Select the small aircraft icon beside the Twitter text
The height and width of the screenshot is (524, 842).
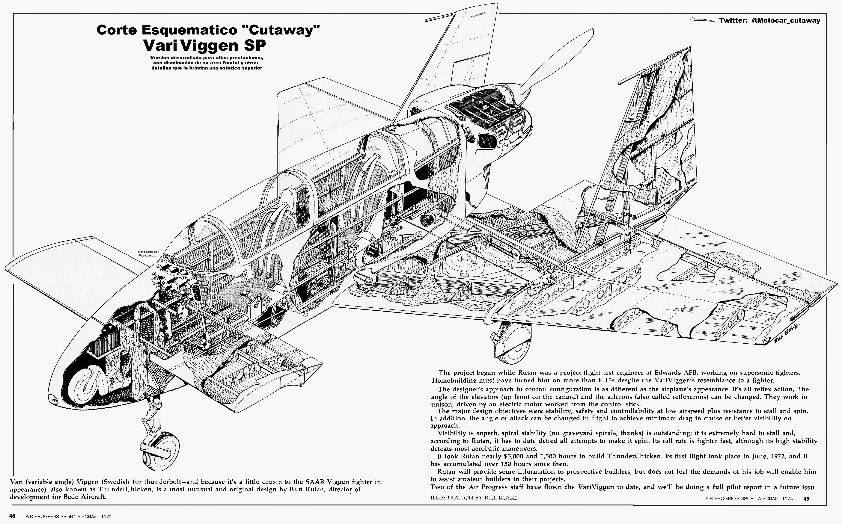coord(702,20)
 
